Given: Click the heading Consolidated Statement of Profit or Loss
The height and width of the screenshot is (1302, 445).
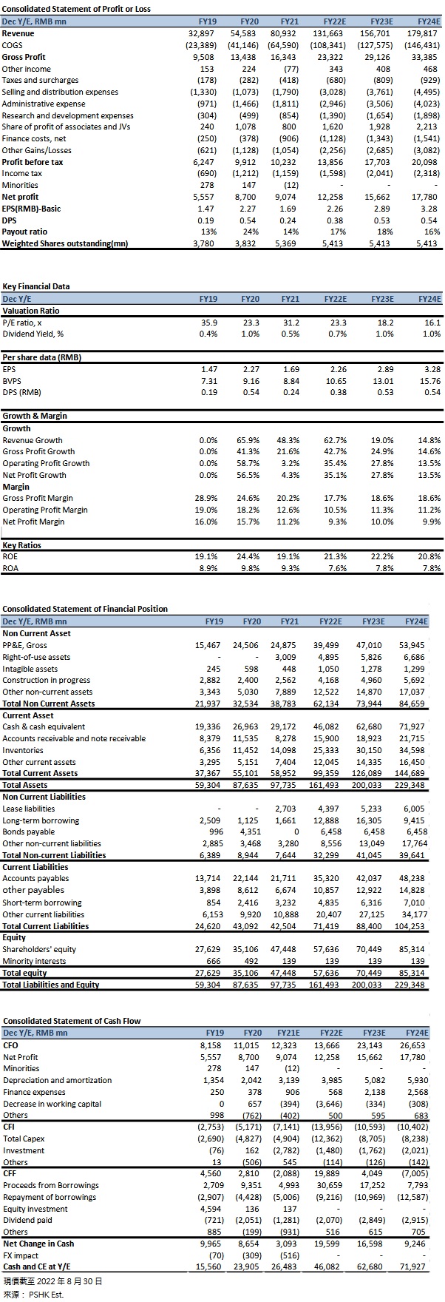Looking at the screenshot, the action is (x=77, y=10).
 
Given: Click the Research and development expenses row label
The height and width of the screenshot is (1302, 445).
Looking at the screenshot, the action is (x=68, y=115).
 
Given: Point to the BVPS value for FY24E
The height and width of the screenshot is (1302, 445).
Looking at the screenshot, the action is (x=430, y=381).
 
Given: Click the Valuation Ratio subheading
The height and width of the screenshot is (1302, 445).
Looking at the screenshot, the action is (x=31, y=311).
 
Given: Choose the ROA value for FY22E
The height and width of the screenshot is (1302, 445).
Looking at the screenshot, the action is (x=338, y=568).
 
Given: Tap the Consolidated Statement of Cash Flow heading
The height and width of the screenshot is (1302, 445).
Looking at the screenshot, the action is (x=72, y=1021).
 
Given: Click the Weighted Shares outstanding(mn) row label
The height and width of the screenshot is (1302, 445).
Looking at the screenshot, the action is (x=65, y=243).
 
